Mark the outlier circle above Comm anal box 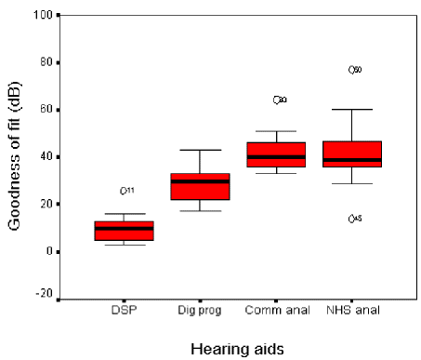coord(277,100)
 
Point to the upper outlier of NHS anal coord(351,70)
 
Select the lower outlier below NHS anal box coord(351,219)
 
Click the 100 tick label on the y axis coord(42,15)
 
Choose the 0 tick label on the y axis coord(48,251)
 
